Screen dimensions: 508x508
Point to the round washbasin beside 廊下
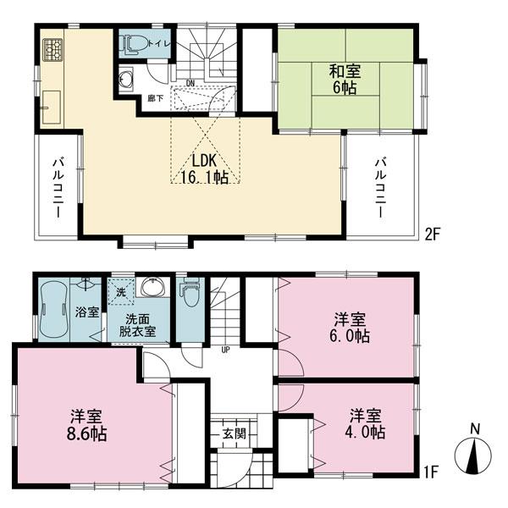pos(129,80)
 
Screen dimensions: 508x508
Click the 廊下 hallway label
pos(156,98)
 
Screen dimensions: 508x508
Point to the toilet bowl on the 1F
pos(190,297)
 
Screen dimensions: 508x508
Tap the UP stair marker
pos(225,349)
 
